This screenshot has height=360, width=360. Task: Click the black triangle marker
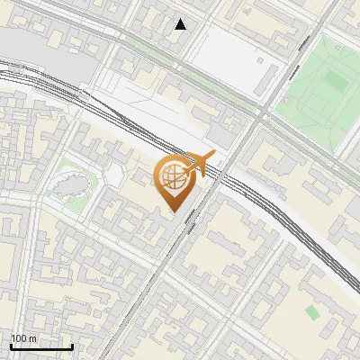pos(181,24)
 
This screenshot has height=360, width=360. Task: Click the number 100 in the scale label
pos(19,338)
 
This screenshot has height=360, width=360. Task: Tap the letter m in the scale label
pos(32,338)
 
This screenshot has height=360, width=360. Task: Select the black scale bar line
pos(41,346)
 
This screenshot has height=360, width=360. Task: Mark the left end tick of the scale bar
pos(11,345)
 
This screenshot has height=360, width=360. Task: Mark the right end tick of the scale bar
pos(72,345)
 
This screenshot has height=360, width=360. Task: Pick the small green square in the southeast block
pos(311,312)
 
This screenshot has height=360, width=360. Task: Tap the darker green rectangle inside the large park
pos(335,81)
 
